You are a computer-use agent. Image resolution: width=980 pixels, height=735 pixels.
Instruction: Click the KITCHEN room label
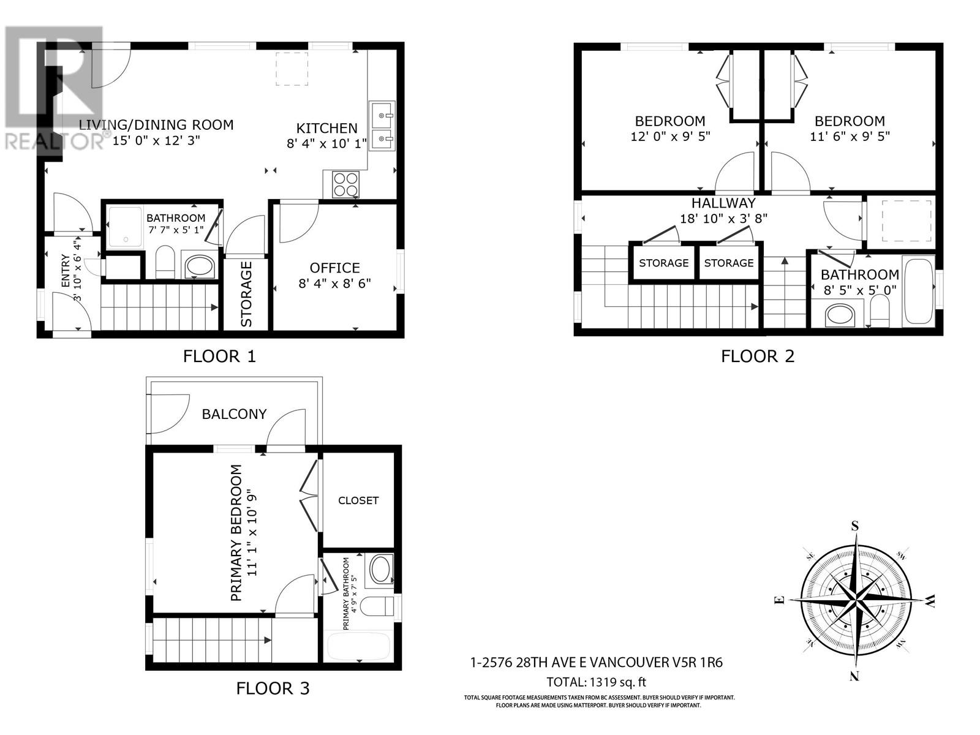326,128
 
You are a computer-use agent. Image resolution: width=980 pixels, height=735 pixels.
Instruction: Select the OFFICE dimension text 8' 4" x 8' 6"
334,284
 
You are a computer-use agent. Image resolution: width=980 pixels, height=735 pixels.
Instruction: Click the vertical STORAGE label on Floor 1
246,294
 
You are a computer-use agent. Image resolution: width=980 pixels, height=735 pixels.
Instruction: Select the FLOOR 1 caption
219,356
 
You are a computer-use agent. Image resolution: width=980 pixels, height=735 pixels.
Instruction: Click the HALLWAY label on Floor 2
723,203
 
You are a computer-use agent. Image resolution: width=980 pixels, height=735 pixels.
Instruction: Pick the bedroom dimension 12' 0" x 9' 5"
670,136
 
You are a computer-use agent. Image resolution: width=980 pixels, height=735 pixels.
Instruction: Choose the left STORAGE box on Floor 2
663,263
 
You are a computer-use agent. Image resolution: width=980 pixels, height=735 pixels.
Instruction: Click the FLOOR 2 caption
757,356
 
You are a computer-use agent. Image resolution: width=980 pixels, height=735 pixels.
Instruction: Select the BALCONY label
234,414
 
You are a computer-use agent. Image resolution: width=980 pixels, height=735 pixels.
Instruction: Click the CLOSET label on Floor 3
358,500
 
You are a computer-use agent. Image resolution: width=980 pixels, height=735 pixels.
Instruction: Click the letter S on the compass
855,526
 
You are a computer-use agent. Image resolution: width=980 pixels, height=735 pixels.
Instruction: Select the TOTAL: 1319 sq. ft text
596,682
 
